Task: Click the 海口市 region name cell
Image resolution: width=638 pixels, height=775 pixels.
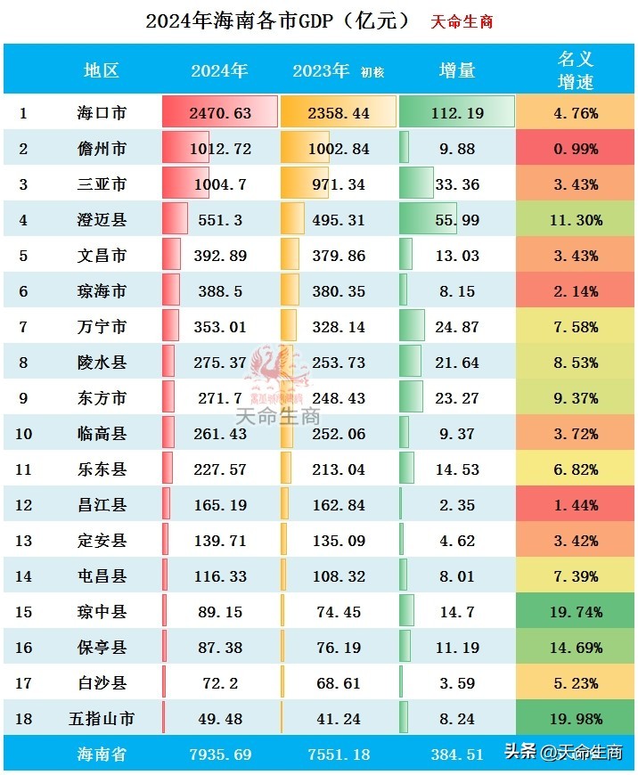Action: coord(101,113)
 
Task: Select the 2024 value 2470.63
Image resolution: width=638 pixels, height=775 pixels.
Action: coord(220,113)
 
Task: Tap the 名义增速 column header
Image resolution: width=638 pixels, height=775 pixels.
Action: coord(575,70)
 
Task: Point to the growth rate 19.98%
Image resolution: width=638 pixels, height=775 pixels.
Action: coord(575,719)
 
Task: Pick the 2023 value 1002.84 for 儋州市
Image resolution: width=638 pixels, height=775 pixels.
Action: coord(336,149)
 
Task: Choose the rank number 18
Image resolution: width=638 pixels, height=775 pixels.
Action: coord(23,719)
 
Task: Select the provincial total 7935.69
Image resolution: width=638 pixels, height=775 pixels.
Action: coord(220,755)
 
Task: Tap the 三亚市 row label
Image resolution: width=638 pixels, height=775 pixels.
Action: coord(101,184)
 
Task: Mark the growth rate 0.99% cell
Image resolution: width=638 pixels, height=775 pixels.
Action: coord(575,149)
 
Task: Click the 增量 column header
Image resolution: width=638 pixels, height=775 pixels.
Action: coord(458,70)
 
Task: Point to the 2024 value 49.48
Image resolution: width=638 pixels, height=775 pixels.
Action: coord(220,719)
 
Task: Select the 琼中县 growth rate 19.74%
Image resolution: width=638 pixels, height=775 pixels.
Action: coord(575,612)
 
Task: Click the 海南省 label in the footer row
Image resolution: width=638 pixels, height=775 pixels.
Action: coord(101,755)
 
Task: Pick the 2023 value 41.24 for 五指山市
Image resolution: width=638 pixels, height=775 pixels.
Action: coord(336,719)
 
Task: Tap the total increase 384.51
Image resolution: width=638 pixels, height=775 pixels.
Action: coord(458,755)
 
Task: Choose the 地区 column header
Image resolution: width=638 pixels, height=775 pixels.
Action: coord(101,70)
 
